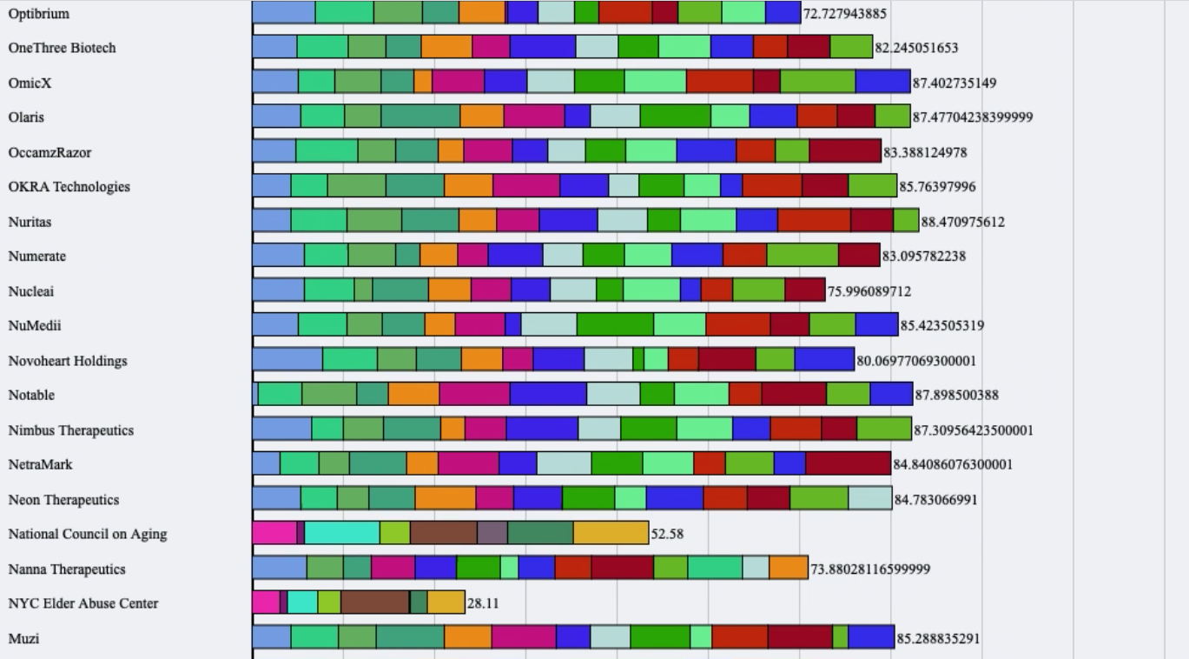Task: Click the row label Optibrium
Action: [x=38, y=14]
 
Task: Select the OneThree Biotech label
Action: [x=62, y=48]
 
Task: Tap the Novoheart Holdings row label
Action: [x=68, y=361]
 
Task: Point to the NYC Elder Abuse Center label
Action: [x=83, y=603]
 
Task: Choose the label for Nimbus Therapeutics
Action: [x=71, y=430]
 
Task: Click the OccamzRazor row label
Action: [x=50, y=152]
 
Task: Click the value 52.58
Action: [x=667, y=534]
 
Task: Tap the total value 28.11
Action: [x=483, y=603]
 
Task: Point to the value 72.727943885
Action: [x=845, y=14]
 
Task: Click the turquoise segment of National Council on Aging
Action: [x=342, y=533]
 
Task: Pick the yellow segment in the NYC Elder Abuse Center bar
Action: [x=446, y=602]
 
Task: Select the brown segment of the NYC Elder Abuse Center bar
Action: [x=374, y=602]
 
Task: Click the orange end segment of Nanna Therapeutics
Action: [x=789, y=568]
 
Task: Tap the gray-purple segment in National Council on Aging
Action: [x=492, y=533]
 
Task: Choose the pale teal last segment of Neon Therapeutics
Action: [x=870, y=498]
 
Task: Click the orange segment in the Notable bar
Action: [x=413, y=394]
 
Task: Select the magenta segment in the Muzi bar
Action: [x=524, y=637]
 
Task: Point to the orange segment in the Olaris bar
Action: [x=482, y=116]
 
